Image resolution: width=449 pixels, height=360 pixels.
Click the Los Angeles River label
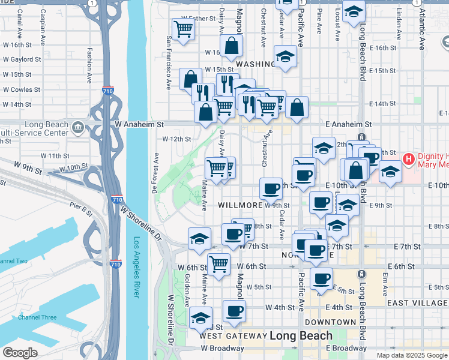[136, 267]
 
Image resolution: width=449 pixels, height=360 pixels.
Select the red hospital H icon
[409, 160]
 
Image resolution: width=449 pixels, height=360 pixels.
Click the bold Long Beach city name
[301, 335]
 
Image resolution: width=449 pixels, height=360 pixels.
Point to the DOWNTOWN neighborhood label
[331, 322]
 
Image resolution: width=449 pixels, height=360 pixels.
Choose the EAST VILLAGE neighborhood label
[417, 303]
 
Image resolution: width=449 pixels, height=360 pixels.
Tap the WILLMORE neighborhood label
[240, 205]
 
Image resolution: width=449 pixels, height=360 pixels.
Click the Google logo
[20, 353]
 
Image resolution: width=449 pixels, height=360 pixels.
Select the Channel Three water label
[37, 317]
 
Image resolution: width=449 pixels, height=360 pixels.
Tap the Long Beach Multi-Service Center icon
[77, 128]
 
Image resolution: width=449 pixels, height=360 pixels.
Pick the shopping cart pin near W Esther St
[182, 28]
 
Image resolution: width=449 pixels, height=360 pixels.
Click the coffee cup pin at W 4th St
[234, 311]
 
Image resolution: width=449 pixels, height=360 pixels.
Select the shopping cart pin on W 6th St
[219, 263]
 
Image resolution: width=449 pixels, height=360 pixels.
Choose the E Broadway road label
[346, 348]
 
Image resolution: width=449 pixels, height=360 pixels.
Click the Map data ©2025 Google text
[412, 355]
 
